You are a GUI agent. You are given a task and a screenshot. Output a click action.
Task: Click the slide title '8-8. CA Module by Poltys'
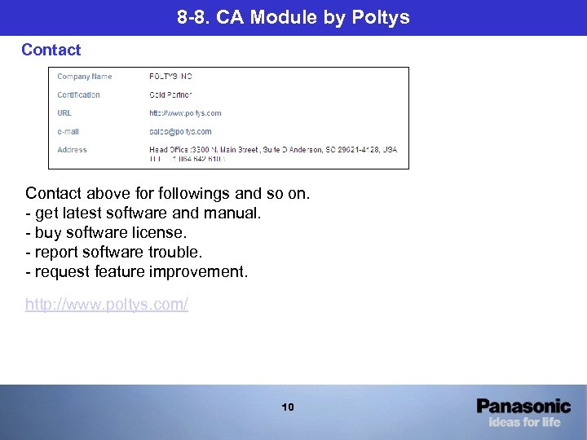293,17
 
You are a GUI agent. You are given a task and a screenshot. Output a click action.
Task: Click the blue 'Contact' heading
51,50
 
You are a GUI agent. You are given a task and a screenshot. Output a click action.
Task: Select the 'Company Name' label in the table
84,77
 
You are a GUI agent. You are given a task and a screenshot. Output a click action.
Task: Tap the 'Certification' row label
78,95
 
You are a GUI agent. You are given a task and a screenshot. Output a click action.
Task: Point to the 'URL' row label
64,113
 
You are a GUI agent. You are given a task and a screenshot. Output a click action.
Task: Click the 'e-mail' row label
68,131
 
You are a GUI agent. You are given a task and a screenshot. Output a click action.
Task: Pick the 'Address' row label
72,150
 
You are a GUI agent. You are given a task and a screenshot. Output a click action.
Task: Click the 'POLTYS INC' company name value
170,77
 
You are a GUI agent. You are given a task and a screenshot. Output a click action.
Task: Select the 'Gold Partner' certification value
170,95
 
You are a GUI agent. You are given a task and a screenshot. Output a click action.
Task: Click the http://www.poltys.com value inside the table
185,113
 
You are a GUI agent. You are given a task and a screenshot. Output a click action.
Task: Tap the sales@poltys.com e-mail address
180,131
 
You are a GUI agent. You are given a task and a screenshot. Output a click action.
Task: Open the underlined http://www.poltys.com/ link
107,305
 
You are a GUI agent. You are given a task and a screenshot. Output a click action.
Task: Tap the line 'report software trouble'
119,252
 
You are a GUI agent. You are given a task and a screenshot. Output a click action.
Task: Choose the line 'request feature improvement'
136,271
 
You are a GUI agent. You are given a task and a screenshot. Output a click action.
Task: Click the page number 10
288,407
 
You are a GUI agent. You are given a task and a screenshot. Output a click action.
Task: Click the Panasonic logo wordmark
523,406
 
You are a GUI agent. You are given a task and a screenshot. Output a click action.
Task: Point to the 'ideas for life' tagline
524,422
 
